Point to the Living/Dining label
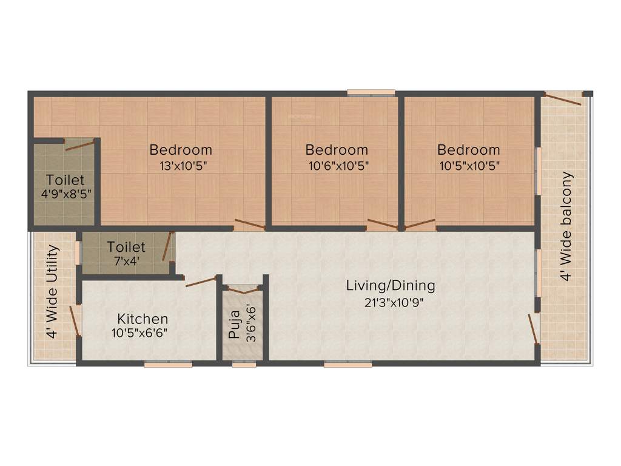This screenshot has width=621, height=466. (x=391, y=285)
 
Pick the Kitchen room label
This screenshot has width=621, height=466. (x=143, y=319)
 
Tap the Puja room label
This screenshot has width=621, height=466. (x=234, y=323)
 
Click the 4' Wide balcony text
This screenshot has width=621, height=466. (x=566, y=226)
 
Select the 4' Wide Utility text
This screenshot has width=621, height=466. (x=53, y=292)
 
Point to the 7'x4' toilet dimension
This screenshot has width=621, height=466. (x=126, y=262)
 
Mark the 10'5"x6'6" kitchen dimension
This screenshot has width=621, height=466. (x=139, y=333)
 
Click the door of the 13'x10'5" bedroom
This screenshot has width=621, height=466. (x=249, y=224)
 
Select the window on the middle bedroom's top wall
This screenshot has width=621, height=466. (x=371, y=93)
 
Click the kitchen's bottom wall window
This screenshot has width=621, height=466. (x=168, y=365)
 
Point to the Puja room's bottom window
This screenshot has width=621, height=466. (x=244, y=365)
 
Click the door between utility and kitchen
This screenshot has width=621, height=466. (x=76, y=320)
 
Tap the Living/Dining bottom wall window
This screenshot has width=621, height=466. (x=347, y=365)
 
